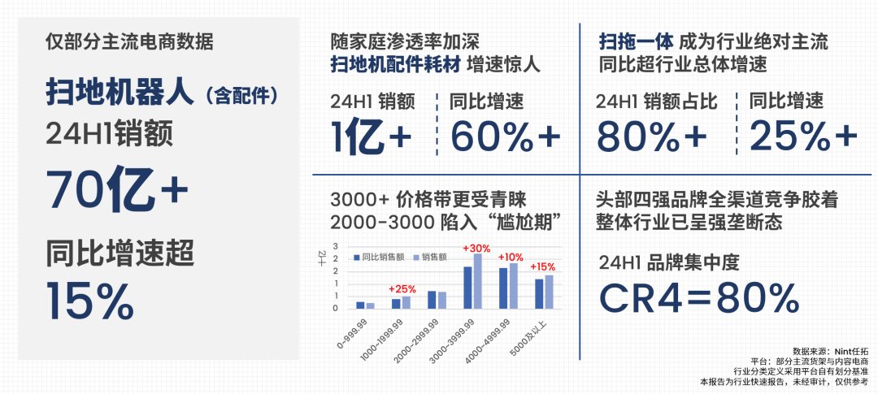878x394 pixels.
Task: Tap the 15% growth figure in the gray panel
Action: [90, 301]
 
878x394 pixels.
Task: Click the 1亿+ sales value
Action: [371, 136]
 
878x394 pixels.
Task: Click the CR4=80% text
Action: [699, 297]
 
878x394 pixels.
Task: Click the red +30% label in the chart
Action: [476, 249]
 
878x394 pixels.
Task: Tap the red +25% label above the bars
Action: [402, 288]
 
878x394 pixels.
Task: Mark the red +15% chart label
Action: [542, 266]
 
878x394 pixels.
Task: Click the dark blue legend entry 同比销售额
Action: [381, 257]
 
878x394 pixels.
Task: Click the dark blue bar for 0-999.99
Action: [360, 305]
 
